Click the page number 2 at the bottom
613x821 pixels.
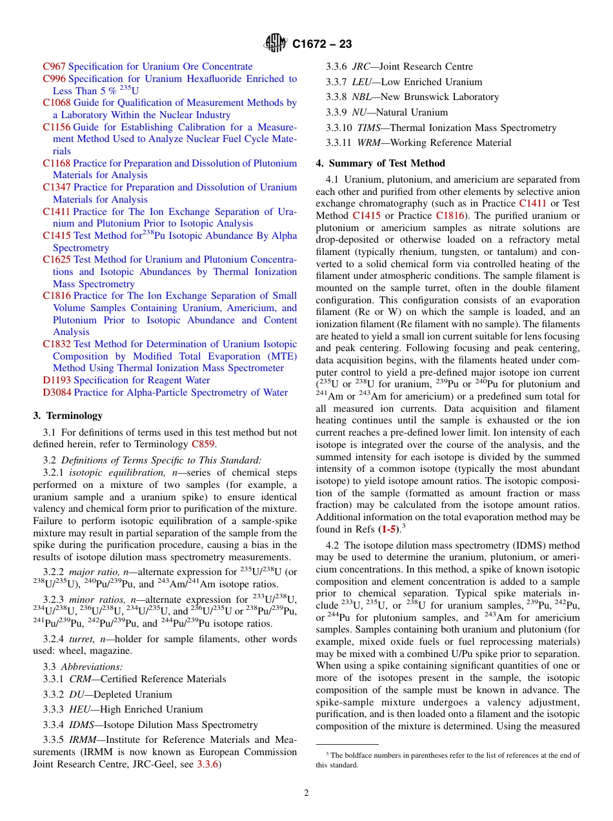(x=306, y=793)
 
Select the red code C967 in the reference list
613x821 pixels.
(x=54, y=66)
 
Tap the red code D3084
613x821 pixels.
(x=57, y=392)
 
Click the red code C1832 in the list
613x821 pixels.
(x=57, y=344)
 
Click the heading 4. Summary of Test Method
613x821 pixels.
(x=380, y=163)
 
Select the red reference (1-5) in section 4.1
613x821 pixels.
(x=388, y=529)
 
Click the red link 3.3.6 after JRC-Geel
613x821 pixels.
(x=208, y=764)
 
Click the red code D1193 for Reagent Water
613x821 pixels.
(x=57, y=380)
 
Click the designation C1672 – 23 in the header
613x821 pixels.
(x=322, y=45)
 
